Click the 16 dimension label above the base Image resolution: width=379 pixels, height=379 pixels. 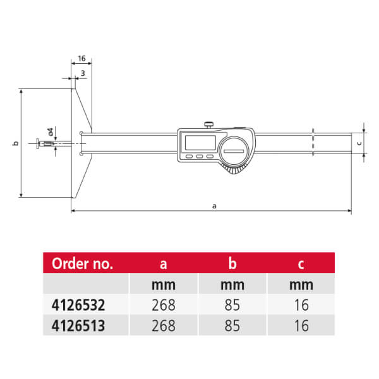pyautogui.click(x=81, y=59)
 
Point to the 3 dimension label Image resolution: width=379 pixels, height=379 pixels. pyautogui.click(x=83, y=73)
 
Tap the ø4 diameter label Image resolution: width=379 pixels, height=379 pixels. pyautogui.click(x=51, y=132)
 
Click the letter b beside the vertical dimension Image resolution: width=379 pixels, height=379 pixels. pyautogui.click(x=15, y=143)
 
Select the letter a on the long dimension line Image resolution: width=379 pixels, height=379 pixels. pyautogui.click(x=214, y=206)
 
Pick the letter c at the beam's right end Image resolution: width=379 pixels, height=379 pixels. pyautogui.click(x=359, y=143)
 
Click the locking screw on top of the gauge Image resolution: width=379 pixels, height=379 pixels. pyautogui.click(x=208, y=125)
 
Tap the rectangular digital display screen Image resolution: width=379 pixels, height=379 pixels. pyautogui.click(x=200, y=143)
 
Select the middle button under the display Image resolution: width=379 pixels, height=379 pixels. pyautogui.click(x=200, y=157)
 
